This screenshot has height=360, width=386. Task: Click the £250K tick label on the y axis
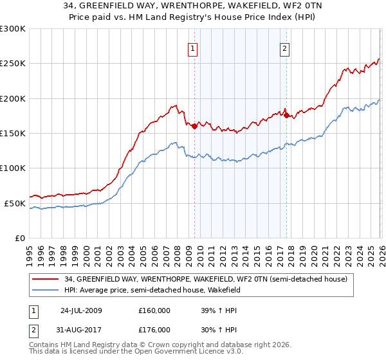(x=13, y=64)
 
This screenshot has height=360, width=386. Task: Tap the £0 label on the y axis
(x=19, y=238)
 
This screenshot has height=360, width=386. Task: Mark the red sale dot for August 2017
(x=286, y=116)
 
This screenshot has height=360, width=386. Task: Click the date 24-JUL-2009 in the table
(x=80, y=310)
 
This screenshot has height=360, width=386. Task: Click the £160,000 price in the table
(x=154, y=310)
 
